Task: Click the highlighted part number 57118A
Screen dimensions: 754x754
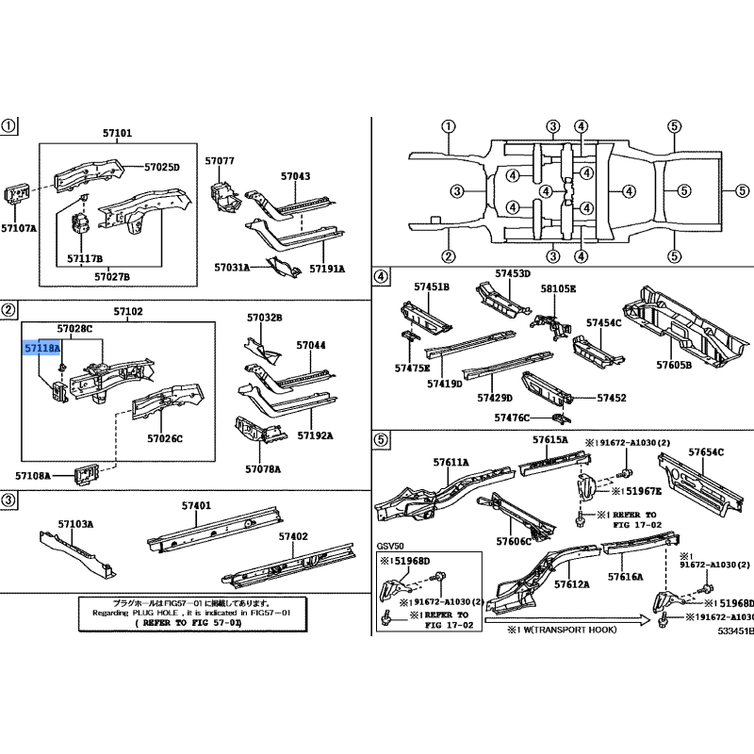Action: [42, 347]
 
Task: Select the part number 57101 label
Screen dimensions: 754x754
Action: [117, 134]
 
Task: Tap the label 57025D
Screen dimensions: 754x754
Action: [161, 167]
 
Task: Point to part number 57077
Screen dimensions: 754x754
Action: [219, 161]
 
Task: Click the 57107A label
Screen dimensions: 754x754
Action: [19, 228]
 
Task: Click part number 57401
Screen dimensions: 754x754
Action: [196, 506]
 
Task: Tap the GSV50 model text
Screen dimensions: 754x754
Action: [390, 546]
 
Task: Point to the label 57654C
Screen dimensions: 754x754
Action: [705, 453]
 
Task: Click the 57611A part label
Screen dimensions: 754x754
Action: [451, 463]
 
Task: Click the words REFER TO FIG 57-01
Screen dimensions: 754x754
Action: [187, 624]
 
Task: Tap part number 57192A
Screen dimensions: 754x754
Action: [316, 436]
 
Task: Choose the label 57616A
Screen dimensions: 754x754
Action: [626, 576]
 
